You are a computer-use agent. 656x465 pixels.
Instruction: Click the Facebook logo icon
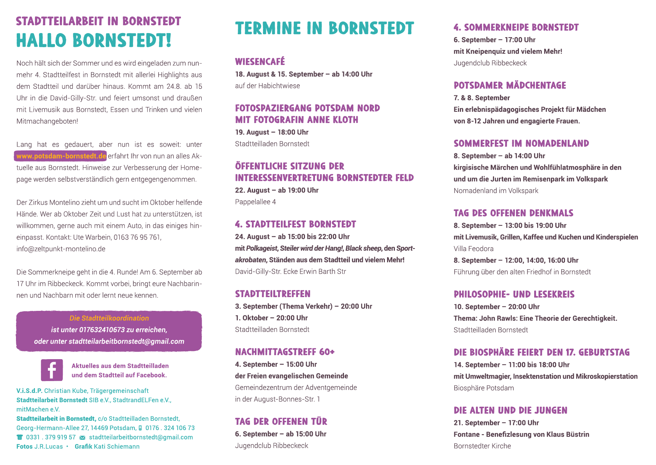[x=52, y=370]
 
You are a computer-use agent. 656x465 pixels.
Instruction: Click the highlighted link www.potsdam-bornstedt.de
[x=61, y=156]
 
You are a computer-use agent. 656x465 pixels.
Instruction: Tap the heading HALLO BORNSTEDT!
[x=94, y=40]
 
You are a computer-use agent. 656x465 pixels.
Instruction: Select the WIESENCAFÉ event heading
[x=260, y=62]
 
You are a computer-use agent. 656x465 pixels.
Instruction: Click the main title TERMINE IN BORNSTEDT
[x=324, y=29]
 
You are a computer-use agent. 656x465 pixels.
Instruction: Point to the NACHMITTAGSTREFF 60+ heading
[x=285, y=352]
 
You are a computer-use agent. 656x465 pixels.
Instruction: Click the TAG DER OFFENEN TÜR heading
[x=281, y=422]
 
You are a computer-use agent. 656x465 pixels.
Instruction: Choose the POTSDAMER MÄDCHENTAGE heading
[x=510, y=85]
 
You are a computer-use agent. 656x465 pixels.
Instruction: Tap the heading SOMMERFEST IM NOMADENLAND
[x=521, y=144]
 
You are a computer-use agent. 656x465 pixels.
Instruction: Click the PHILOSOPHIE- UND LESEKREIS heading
[x=514, y=295]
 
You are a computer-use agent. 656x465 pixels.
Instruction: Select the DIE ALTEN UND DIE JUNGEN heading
[x=510, y=410]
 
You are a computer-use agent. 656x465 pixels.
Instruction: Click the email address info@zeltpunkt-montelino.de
[x=61, y=249]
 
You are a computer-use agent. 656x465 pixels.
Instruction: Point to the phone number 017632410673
[x=102, y=330]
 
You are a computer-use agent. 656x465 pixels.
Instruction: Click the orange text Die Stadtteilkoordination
[x=109, y=318]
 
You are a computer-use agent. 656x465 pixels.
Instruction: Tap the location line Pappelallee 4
[x=256, y=202]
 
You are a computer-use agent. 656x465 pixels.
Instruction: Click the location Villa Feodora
[x=473, y=249]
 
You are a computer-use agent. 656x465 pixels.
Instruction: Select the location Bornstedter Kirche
[x=482, y=446]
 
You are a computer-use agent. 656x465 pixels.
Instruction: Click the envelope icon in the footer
[x=82, y=438]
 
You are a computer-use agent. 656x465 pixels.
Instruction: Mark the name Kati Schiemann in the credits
[x=117, y=446]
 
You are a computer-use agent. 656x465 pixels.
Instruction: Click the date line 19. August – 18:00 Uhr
[x=272, y=132]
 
